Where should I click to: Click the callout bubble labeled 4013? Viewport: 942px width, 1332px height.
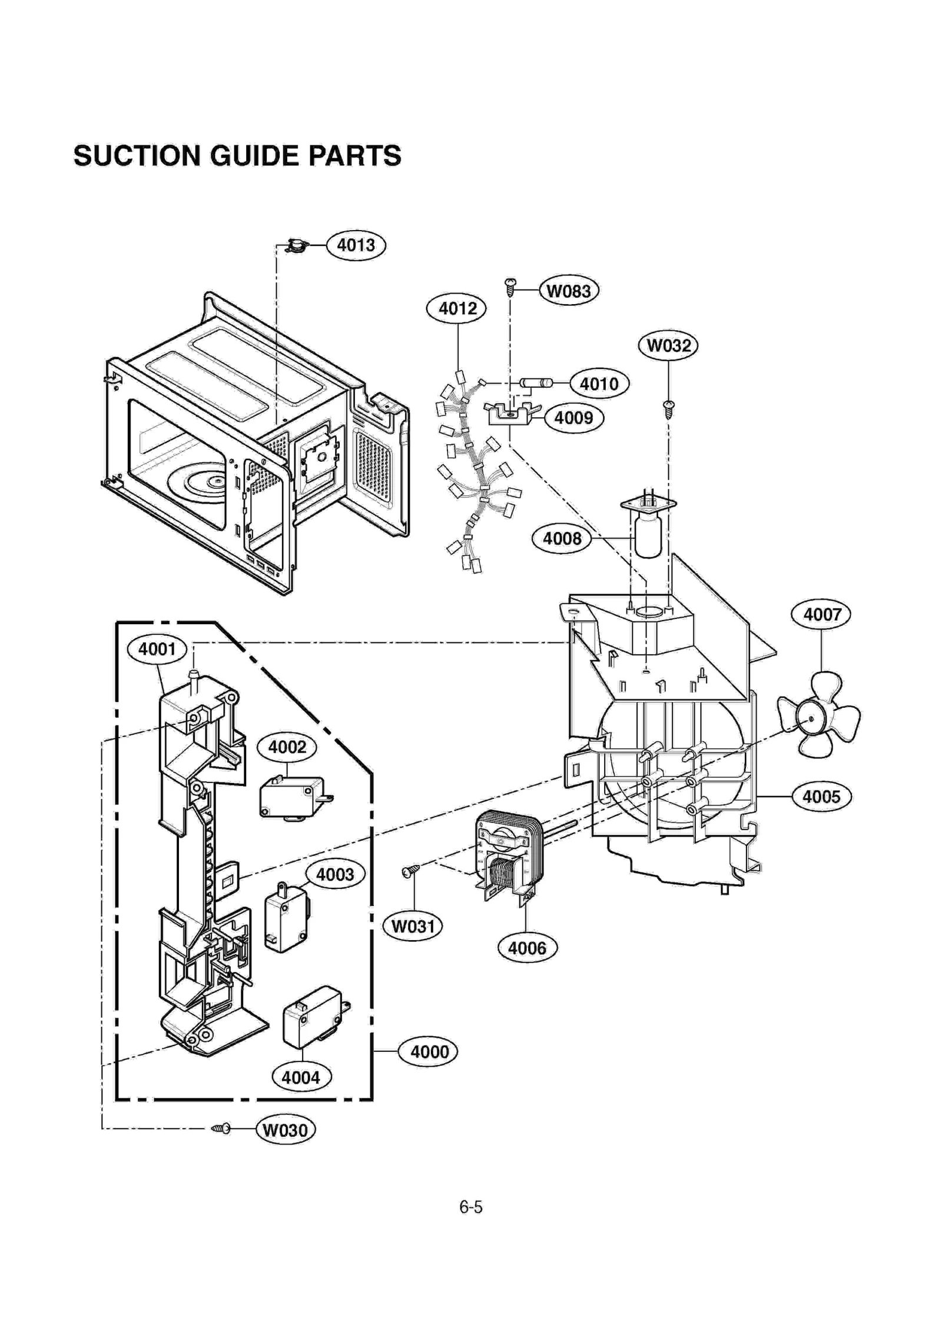point(356,245)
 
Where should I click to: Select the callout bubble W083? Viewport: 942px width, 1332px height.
point(568,291)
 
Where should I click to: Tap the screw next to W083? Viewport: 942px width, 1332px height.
point(510,286)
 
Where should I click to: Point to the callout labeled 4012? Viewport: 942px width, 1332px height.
point(456,308)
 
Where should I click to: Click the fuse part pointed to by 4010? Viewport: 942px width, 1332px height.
point(536,383)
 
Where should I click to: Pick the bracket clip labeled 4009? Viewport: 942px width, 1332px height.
point(510,414)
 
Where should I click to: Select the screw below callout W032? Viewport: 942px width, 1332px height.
point(668,408)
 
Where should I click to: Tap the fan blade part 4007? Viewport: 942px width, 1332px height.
point(818,715)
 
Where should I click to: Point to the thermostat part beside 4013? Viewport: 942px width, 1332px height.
point(297,245)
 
